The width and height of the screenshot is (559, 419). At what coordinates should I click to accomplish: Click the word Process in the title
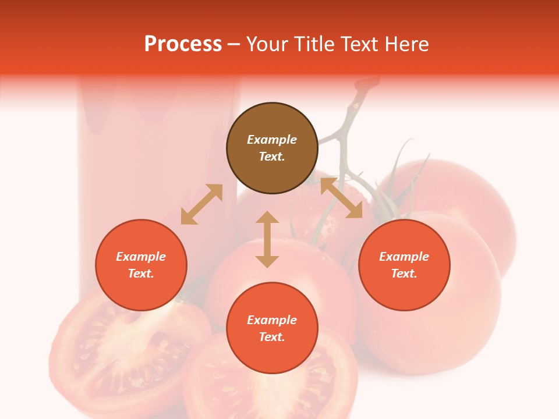point(183,44)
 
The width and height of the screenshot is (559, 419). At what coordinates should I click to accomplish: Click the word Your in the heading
point(267,44)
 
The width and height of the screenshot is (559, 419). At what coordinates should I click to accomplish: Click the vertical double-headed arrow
point(267,239)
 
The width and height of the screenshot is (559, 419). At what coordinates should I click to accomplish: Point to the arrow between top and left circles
point(201,204)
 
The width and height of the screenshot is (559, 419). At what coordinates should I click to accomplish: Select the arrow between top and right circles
point(341,198)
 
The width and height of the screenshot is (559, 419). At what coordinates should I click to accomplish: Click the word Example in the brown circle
point(272,140)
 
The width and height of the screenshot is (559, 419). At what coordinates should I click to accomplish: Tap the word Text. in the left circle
point(141,274)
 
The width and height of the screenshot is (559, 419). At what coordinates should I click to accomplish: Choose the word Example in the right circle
point(404,257)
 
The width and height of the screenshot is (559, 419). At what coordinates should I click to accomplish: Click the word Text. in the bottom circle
point(272,337)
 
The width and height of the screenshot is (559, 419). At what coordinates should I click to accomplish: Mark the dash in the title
point(233,45)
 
